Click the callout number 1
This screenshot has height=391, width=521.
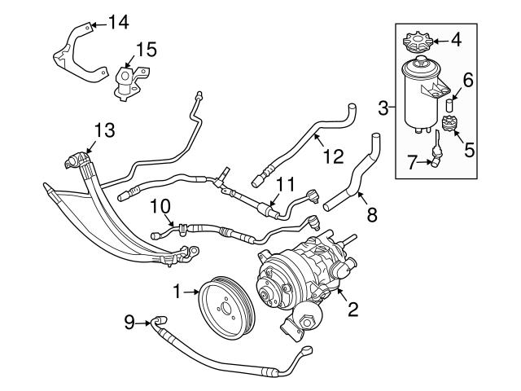point(176,289)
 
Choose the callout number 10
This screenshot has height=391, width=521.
point(159,206)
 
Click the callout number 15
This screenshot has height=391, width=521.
point(146,51)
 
